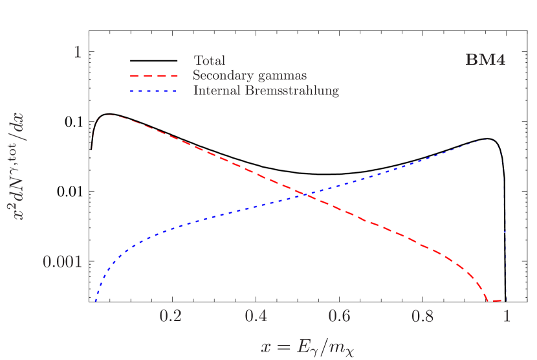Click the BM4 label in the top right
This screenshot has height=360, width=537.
tap(485, 60)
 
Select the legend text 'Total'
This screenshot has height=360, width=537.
tap(210, 61)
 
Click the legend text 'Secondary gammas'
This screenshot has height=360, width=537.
tap(250, 76)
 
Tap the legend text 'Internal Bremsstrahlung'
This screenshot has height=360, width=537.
tap(266, 91)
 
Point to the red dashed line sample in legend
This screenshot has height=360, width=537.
tap(153, 76)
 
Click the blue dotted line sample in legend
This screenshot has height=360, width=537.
tap(153, 91)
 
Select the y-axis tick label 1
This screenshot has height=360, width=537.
tap(78, 52)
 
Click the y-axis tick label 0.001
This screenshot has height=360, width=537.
tap(63, 262)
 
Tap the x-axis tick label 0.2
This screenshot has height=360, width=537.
tap(171, 316)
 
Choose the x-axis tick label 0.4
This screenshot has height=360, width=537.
tap(256, 316)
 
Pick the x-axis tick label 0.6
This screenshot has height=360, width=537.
tap(340, 316)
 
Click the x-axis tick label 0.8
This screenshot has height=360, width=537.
tap(424, 316)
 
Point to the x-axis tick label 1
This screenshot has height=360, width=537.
tap(507, 316)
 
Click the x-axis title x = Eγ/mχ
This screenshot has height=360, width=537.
tap(308, 347)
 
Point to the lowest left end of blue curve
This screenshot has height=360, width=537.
tap(96, 300)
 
